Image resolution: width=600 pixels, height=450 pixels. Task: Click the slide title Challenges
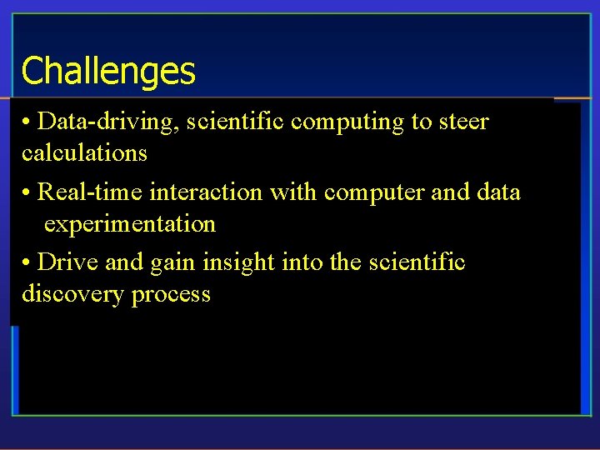point(108,71)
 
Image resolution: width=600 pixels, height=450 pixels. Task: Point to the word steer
point(462,122)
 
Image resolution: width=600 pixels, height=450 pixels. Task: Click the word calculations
point(84,153)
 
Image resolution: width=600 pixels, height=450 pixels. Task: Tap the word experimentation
point(130,224)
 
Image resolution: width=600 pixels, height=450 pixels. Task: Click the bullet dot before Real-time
point(27,193)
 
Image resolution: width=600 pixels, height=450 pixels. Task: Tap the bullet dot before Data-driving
point(27,122)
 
